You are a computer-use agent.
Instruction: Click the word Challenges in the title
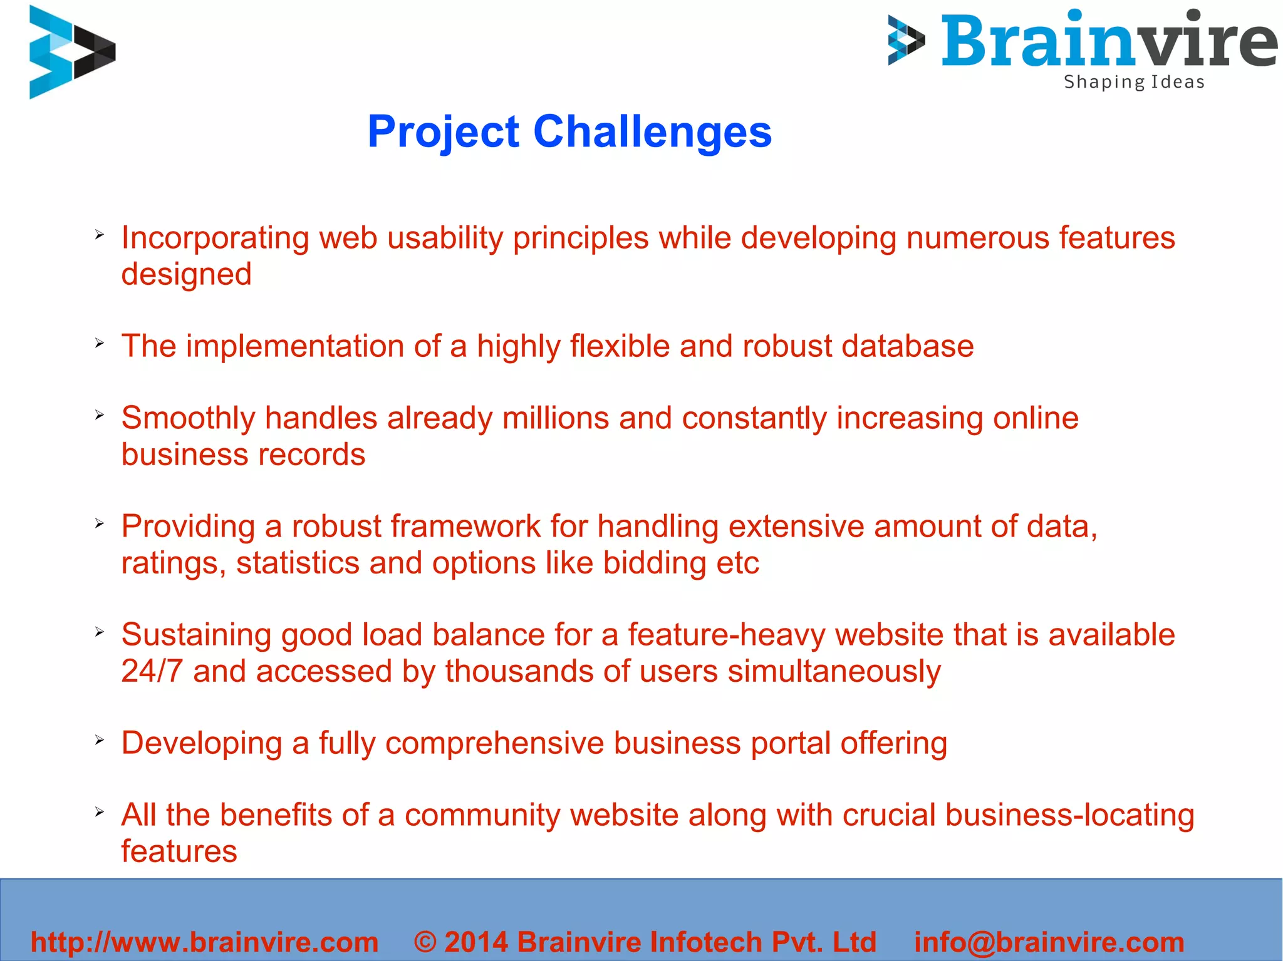[x=652, y=131]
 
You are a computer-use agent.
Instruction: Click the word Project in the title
[x=443, y=133]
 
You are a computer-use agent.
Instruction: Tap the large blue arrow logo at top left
[x=72, y=52]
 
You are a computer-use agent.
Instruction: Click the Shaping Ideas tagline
[x=1134, y=82]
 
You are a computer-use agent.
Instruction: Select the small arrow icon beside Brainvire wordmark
[x=906, y=41]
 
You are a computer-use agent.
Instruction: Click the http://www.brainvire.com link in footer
[x=204, y=942]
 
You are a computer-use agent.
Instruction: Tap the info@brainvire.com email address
[x=1049, y=942]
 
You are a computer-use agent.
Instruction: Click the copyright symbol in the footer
[x=425, y=942]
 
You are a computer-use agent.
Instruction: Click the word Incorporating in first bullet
[x=216, y=239]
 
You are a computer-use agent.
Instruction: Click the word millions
[x=556, y=418]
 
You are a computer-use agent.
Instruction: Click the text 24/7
[x=152, y=671]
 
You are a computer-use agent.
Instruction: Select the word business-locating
[x=1069, y=815]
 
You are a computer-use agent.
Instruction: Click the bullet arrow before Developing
[x=100, y=740]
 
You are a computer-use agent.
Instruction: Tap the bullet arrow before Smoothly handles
[x=100, y=415]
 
